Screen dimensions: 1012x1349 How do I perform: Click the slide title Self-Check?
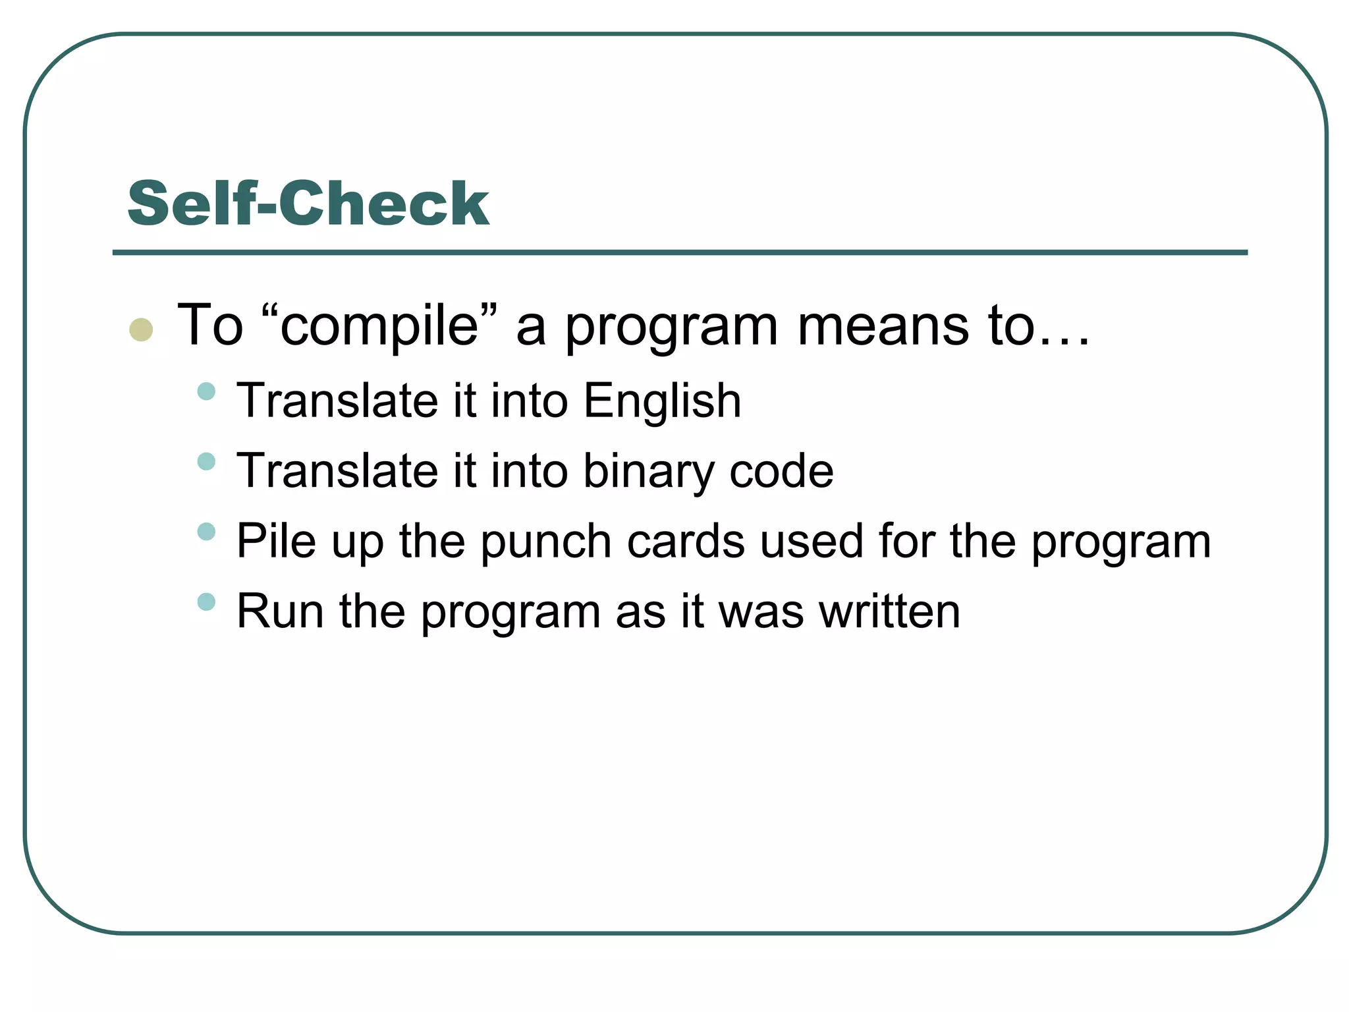pos(308,204)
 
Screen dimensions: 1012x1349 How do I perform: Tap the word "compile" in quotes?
pos(379,325)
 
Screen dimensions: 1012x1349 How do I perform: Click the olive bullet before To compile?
pos(141,329)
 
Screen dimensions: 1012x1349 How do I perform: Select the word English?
pos(662,401)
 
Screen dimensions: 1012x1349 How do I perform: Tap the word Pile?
pos(276,541)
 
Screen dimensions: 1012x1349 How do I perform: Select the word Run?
pos(280,611)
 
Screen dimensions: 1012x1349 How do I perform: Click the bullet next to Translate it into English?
pos(206,391)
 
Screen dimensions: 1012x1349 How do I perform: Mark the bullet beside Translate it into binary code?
pos(206,461)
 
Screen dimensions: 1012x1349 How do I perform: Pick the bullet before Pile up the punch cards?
pos(206,531)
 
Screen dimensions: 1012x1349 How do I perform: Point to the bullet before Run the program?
pos(206,602)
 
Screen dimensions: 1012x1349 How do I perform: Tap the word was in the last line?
pos(761,613)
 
